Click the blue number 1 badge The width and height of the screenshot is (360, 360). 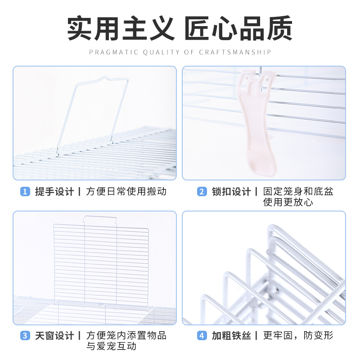tap(25, 192)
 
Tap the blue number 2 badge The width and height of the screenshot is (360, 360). tap(202, 192)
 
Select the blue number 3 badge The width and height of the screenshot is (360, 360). tap(25, 336)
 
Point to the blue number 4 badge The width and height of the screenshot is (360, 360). tap(202, 336)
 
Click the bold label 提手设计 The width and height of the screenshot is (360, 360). tap(54, 192)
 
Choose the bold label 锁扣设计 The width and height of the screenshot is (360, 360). tap(231, 192)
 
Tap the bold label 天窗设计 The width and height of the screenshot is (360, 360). tap(54, 336)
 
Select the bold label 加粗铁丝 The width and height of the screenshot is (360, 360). tap(231, 336)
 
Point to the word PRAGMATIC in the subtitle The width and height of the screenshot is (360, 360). tap(114, 52)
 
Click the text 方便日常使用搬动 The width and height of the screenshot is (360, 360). tap(126, 192)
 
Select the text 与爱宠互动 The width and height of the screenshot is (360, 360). tap(112, 346)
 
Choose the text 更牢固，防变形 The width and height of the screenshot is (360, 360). tap(298, 336)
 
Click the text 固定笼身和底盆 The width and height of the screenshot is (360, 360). tap(298, 192)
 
